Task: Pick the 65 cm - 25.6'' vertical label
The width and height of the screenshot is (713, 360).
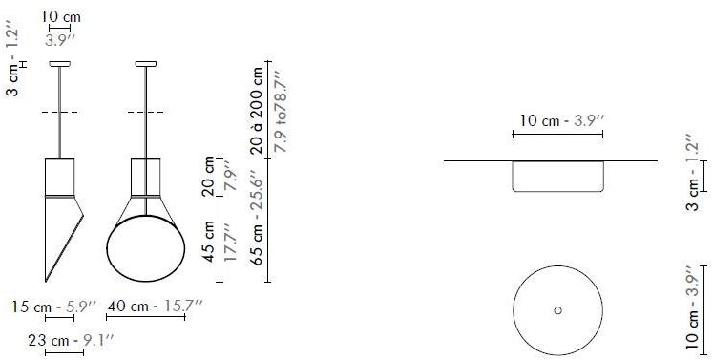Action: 257,220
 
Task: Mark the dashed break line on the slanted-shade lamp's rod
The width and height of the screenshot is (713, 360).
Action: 59,114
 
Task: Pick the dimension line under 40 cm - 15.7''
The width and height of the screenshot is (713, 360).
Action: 146,319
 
